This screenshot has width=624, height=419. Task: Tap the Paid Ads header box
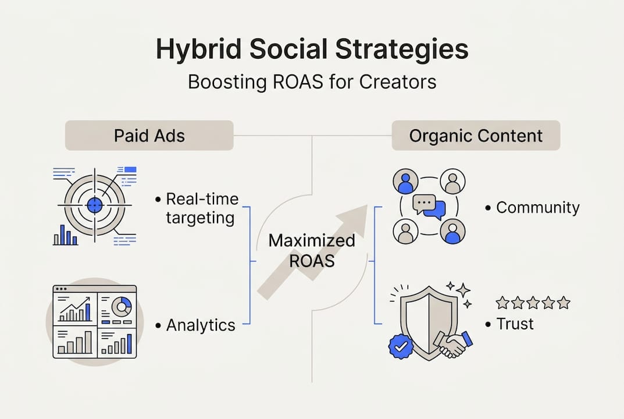[149, 136]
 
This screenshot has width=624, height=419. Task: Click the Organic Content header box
[476, 136]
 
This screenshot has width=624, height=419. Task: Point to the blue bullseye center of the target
[94, 205]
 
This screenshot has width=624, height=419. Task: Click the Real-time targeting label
[202, 208]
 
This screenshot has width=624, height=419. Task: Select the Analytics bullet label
[201, 325]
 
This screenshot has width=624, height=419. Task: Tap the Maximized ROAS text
[312, 250]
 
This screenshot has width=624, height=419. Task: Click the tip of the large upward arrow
[365, 206]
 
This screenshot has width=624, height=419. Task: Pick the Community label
[537, 208]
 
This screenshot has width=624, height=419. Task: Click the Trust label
[515, 324]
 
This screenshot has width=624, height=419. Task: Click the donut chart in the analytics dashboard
[121, 306]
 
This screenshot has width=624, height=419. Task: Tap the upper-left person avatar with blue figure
[405, 181]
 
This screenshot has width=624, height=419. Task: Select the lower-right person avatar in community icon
[452, 232]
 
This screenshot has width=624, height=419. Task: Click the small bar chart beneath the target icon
[65, 236]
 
